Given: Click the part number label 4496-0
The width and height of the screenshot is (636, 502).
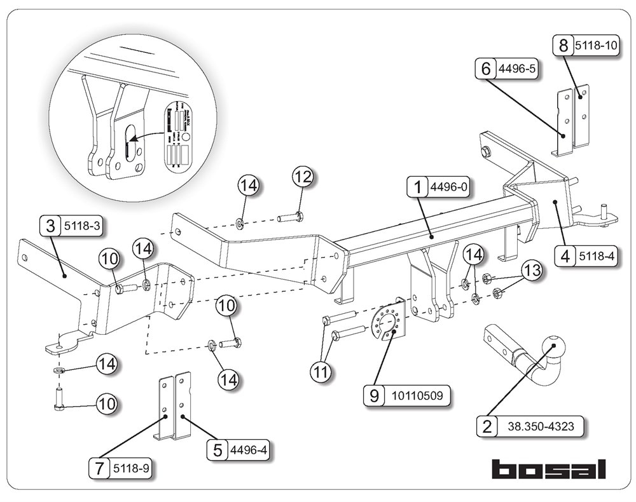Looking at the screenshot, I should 449,187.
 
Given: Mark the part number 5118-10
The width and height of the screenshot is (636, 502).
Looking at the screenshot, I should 595,46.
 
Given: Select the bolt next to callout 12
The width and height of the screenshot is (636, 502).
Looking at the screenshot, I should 290,218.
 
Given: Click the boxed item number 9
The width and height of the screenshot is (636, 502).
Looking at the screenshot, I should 374,396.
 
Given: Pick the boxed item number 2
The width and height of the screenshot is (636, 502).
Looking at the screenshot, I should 487,426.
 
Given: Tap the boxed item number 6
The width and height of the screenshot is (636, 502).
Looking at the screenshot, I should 486,68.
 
